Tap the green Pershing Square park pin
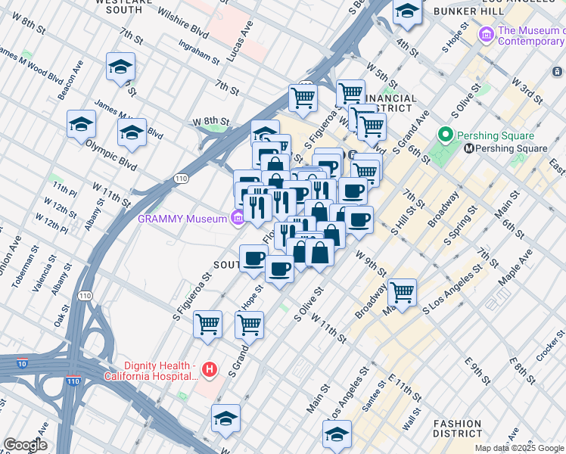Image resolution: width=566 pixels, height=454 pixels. click(x=446, y=136)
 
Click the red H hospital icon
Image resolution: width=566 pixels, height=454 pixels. click(x=210, y=370)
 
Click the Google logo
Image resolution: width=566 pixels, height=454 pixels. click(x=25, y=445)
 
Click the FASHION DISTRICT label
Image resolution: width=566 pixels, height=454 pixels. click(x=457, y=429)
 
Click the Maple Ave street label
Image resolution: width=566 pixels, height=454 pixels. click(x=514, y=268)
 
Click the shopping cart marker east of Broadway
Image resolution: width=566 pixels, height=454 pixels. click(x=402, y=291)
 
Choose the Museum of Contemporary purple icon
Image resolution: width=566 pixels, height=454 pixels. click(x=487, y=34)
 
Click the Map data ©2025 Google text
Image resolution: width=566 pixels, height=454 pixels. click(x=520, y=448)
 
